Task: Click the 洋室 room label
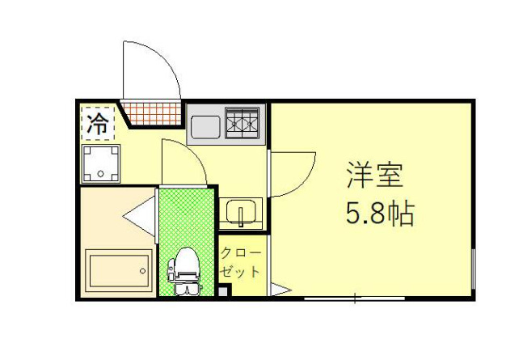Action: (x=373, y=174)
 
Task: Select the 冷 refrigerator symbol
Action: (x=98, y=125)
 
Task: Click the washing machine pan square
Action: (x=100, y=163)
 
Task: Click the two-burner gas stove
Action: (x=242, y=123)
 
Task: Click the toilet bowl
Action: (x=186, y=265)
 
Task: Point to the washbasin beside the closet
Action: (x=241, y=213)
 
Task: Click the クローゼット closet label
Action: (x=241, y=260)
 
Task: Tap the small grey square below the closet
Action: (x=223, y=291)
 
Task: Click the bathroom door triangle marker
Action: (x=141, y=217)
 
